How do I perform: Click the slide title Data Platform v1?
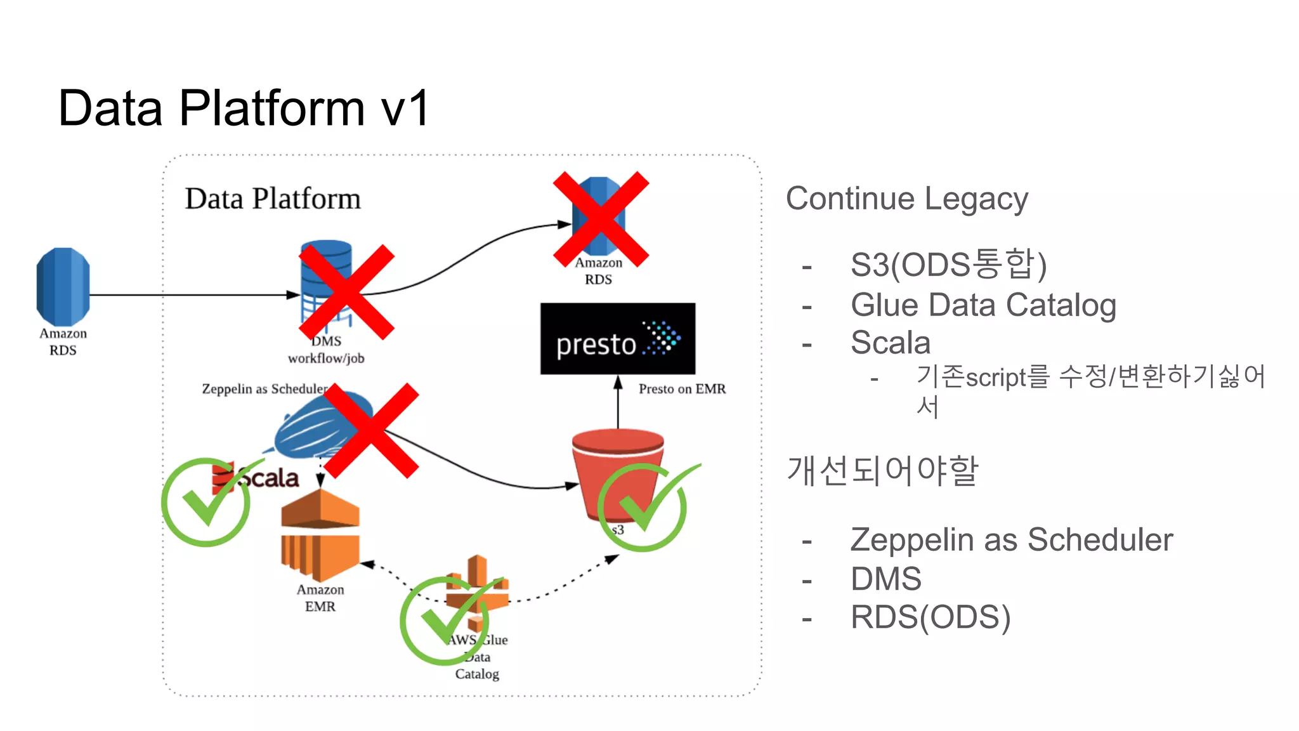(x=244, y=108)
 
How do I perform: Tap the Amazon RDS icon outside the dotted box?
(x=63, y=287)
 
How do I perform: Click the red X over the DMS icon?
(x=346, y=292)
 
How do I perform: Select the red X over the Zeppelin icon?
(x=371, y=430)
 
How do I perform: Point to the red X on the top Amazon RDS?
(x=601, y=219)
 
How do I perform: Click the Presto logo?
(x=617, y=339)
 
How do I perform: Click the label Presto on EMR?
(x=682, y=389)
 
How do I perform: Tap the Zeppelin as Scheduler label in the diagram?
(x=264, y=388)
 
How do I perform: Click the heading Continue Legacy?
(x=906, y=199)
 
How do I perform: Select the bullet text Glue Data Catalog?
(x=983, y=305)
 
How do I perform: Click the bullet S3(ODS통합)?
(x=948, y=265)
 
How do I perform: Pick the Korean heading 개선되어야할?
(x=882, y=471)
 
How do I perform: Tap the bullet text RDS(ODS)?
(x=930, y=617)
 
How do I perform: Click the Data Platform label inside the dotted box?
(x=273, y=199)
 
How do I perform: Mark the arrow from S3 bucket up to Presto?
(x=618, y=403)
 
